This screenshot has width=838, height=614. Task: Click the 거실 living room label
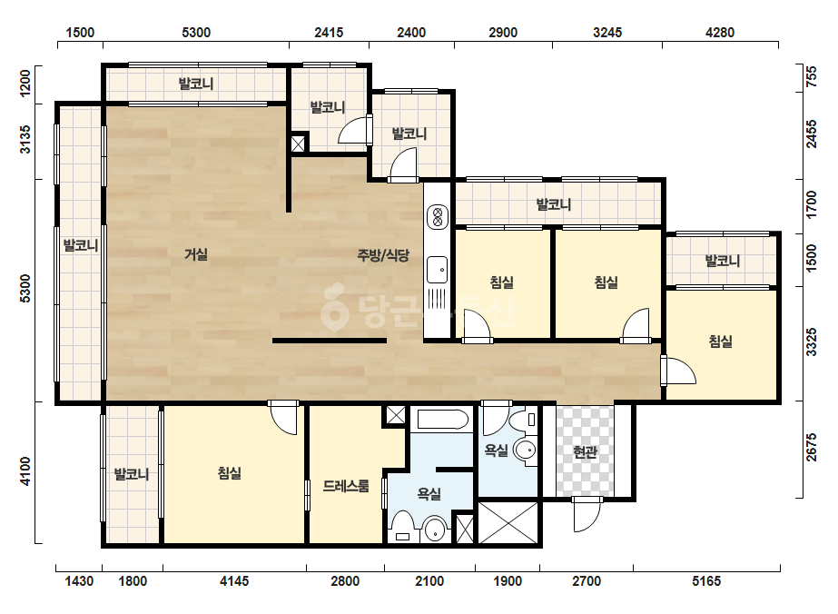tap(196, 254)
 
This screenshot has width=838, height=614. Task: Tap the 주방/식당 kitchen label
tap(383, 255)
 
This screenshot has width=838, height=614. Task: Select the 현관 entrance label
tap(585, 452)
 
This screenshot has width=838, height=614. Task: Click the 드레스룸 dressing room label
tap(346, 486)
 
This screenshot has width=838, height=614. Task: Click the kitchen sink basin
tap(438, 270)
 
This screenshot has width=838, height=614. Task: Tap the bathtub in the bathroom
tap(443, 420)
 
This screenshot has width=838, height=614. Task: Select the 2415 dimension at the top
tap(329, 33)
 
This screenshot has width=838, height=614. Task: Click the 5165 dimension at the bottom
tap(706, 580)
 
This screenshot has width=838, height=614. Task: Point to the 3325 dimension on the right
tap(812, 342)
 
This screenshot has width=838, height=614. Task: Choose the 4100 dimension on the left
tap(25, 471)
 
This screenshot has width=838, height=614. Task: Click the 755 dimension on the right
tap(812, 76)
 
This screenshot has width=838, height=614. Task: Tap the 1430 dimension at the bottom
tap(79, 580)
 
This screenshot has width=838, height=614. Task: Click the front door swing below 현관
tap(586, 515)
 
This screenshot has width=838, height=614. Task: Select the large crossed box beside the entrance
tap(508, 522)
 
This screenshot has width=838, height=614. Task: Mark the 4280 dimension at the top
tap(720, 33)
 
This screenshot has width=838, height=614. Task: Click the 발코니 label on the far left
tap(81, 245)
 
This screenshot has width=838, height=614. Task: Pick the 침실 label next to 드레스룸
tap(230, 473)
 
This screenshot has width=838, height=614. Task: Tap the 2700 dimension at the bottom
tap(587, 580)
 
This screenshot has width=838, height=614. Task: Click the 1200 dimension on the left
tap(25, 84)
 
